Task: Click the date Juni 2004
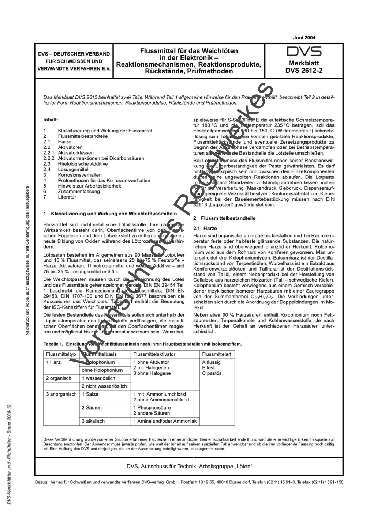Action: [x=304, y=38]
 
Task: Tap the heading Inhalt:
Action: [x=51, y=120]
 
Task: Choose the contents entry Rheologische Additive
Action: [x=83, y=164]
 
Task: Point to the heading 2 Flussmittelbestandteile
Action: [x=224, y=218]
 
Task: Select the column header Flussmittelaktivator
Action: [x=154, y=354]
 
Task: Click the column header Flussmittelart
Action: [x=217, y=354]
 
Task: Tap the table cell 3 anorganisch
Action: [x=61, y=394]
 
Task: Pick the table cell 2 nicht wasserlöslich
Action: [x=104, y=386]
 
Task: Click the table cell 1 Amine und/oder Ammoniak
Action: [x=165, y=421]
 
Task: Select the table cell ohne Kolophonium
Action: [x=102, y=370]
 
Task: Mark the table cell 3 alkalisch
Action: [x=93, y=421]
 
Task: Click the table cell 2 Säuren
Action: [x=92, y=408]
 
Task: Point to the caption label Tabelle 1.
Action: [x=53, y=344]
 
